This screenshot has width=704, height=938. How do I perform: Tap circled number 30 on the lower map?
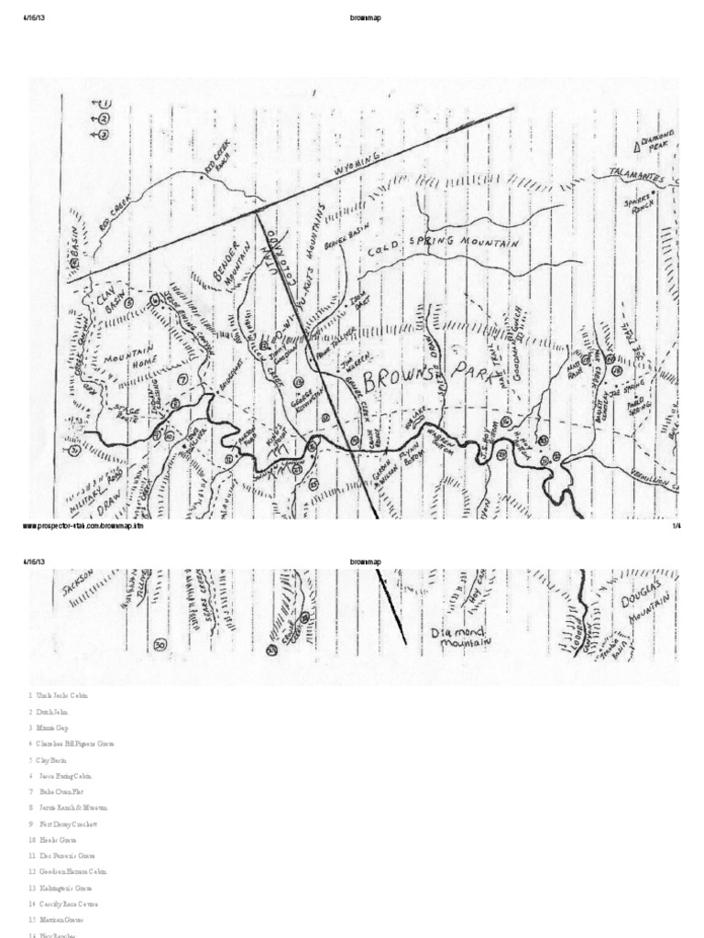click(x=160, y=645)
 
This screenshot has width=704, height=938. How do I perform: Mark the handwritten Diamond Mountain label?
click(x=461, y=637)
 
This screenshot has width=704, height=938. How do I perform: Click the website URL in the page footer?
click(x=82, y=527)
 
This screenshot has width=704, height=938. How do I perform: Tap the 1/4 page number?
click(x=676, y=527)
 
